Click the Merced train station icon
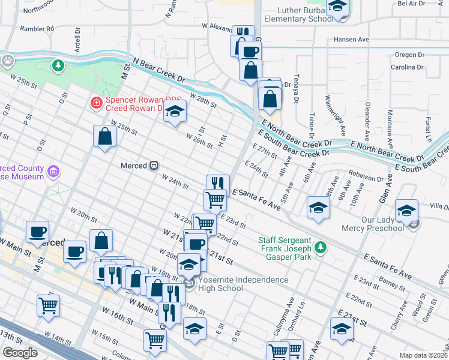pyautogui.click(x=154, y=164)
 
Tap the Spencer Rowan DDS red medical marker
pyautogui.click(x=95, y=103)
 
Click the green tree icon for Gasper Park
pyautogui.click(x=321, y=247)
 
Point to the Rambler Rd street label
pyautogui.click(x=37, y=28)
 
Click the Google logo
pyautogui.click(x=20, y=353)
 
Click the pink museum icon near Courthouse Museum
pyautogui.click(x=53, y=172)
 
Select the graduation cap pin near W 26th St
pyautogui.click(x=175, y=112)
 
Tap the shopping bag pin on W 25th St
pyautogui.click(x=105, y=136)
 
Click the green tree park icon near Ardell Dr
pyautogui.click(x=58, y=64)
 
